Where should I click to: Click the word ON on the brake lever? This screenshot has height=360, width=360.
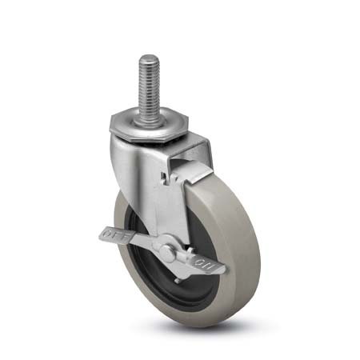(x=202, y=260)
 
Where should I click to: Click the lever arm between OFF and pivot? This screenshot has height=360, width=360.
(x=144, y=243)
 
